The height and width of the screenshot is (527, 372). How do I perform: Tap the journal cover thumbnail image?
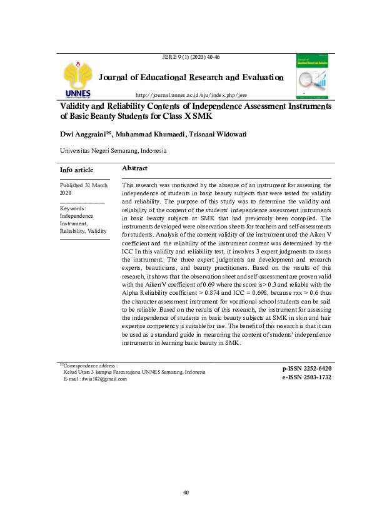pyautogui.click(x=313, y=76)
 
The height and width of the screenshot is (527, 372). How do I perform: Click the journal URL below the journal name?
pyautogui.click(x=191, y=95)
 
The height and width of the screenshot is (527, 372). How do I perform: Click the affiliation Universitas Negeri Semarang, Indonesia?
pyautogui.click(x=113, y=151)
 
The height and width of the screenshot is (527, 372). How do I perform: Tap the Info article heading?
pyautogui.click(x=76, y=170)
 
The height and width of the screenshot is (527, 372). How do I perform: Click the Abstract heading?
pyautogui.click(x=134, y=169)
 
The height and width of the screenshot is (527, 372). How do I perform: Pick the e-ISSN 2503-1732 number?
pyautogui.click(x=307, y=377)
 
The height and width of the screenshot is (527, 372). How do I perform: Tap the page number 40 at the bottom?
pyautogui.click(x=186, y=493)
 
